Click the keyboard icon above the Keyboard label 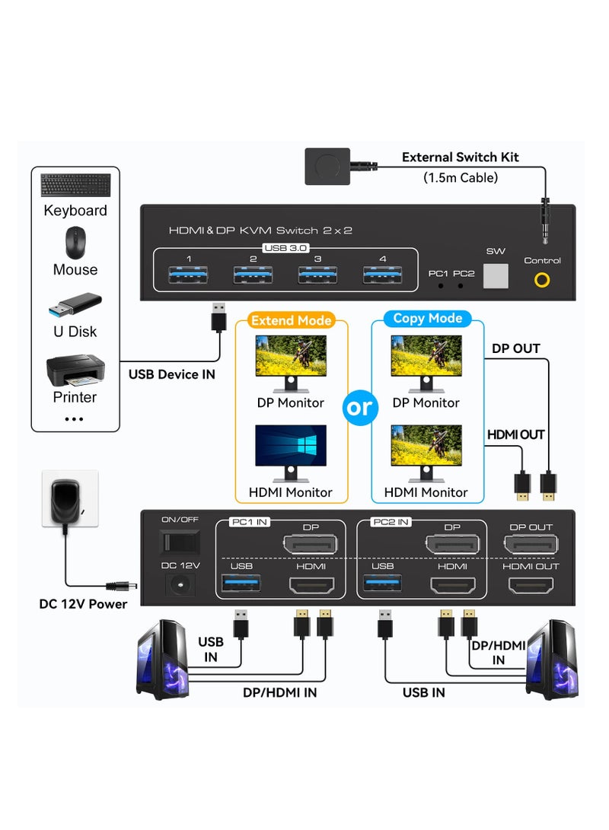tap(75, 186)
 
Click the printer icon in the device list tap(75, 370)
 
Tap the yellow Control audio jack tap(542, 279)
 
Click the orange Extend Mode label tap(292, 320)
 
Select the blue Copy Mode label tap(427, 319)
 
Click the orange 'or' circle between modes tap(359, 407)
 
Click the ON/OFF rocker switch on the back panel tap(180, 541)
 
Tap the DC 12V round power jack tap(180, 584)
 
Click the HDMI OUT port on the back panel tap(531, 585)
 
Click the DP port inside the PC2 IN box tap(452, 544)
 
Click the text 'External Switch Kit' tap(460, 157)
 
